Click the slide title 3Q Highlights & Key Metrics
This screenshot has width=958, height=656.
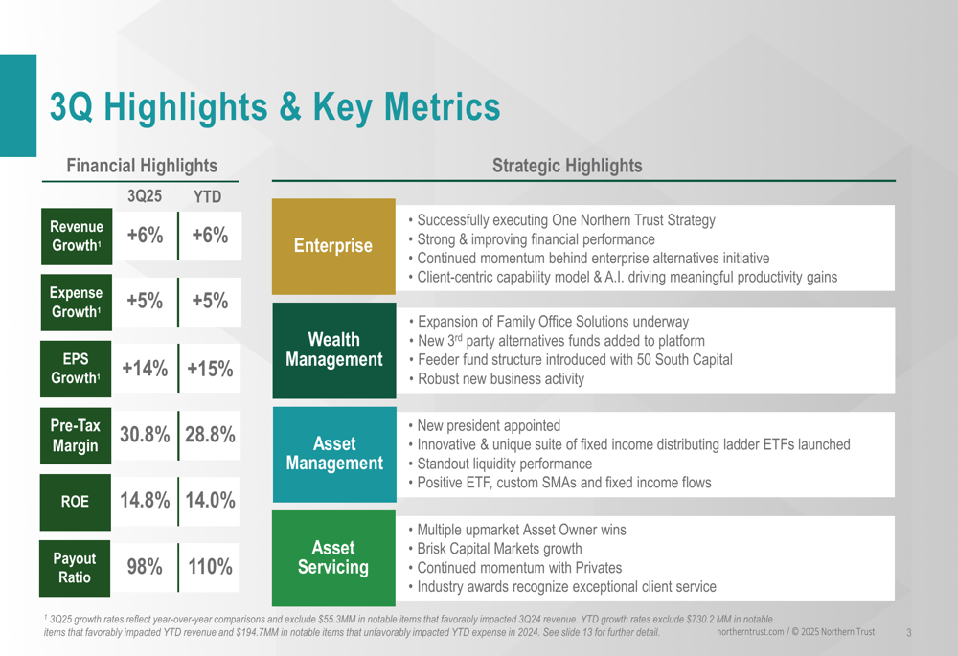click(x=275, y=107)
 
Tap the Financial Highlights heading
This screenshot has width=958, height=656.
click(x=142, y=166)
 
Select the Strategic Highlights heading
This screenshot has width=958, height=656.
click(x=567, y=166)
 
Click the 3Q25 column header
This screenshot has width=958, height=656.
click(x=145, y=196)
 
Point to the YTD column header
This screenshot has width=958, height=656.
click(x=207, y=197)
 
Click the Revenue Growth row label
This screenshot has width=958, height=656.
click(x=77, y=236)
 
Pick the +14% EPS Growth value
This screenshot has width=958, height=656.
click(x=145, y=369)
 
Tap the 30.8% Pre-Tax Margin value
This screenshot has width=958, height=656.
click(x=145, y=434)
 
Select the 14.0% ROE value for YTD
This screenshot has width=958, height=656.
click(x=210, y=500)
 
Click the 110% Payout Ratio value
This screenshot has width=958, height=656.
click(x=210, y=566)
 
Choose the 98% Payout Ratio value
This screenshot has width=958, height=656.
click(x=145, y=566)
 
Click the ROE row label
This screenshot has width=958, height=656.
click(x=77, y=500)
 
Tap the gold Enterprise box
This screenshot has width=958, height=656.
click(x=333, y=246)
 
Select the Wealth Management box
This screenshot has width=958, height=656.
click(x=333, y=350)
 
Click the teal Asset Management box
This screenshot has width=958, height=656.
click(x=333, y=454)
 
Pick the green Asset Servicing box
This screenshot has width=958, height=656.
click(x=333, y=557)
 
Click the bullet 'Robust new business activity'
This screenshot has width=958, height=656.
click(x=501, y=379)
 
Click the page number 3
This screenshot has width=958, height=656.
click(x=908, y=632)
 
